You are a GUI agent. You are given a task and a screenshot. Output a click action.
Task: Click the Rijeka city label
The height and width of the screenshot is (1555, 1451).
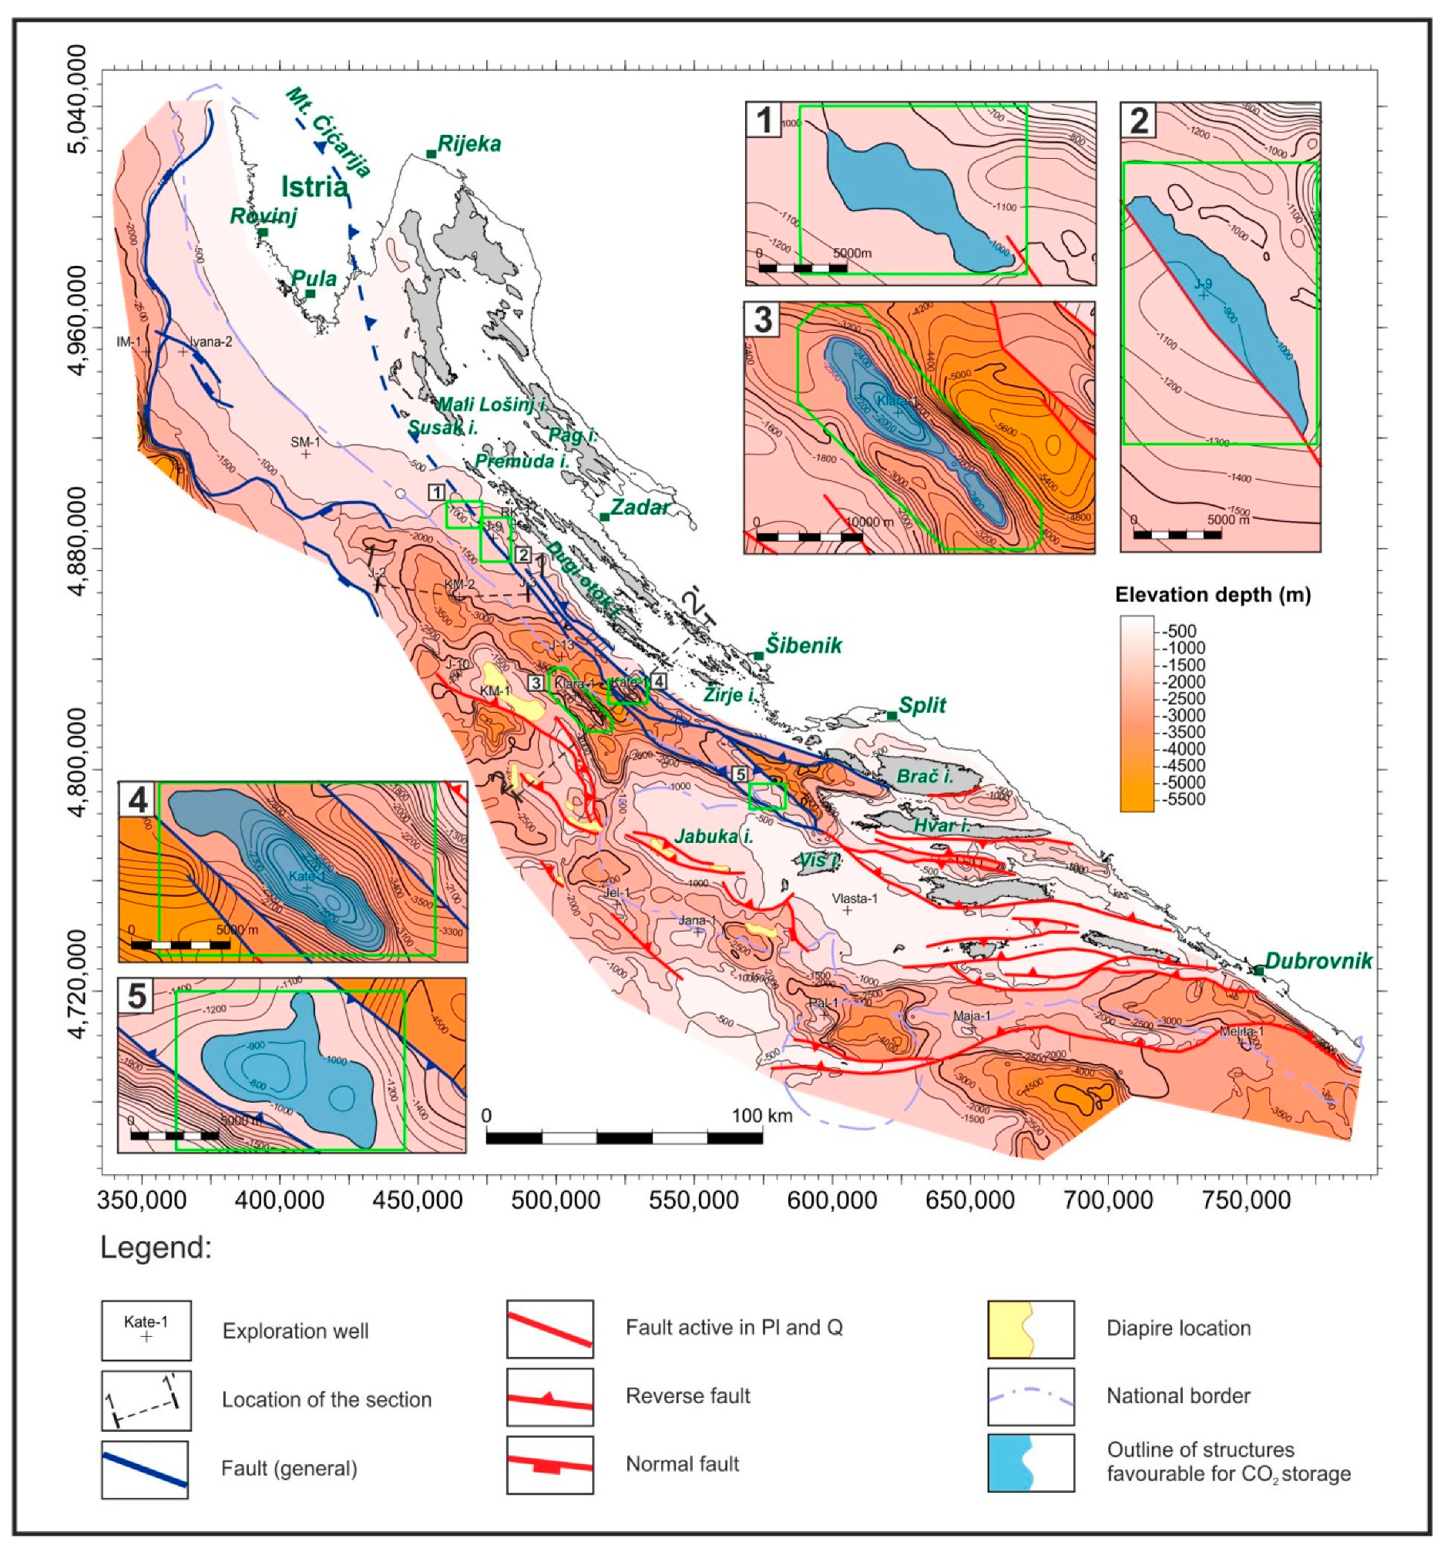(x=469, y=145)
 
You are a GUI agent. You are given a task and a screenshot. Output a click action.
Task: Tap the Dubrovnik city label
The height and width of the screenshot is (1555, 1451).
(x=1318, y=962)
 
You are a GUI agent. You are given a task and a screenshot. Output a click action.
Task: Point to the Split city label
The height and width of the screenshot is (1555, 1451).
(x=922, y=706)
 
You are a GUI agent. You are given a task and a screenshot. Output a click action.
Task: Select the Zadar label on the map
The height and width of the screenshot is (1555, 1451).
(x=640, y=508)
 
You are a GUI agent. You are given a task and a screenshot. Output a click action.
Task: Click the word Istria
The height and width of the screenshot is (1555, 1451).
(x=314, y=187)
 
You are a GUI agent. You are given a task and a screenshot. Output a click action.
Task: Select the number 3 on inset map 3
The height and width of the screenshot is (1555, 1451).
(x=763, y=321)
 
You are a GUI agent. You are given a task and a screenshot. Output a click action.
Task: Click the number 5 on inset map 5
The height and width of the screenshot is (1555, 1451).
(x=137, y=996)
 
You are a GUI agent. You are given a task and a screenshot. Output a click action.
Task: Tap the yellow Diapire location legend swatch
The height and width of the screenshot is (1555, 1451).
(x=1030, y=1329)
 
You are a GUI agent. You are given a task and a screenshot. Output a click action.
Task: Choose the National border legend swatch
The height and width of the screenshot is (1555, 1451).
(x=1030, y=1397)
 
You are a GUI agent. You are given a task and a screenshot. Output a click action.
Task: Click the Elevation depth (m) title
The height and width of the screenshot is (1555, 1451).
(x=1212, y=595)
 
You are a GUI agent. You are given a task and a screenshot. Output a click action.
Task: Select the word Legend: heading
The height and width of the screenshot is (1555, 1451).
(x=156, y=1248)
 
